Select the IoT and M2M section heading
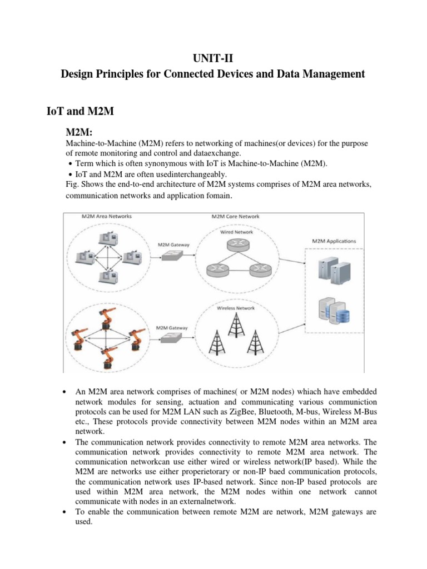pos(80,111)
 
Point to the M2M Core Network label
pos(235,216)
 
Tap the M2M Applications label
pos(335,241)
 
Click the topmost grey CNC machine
pos(104,238)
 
